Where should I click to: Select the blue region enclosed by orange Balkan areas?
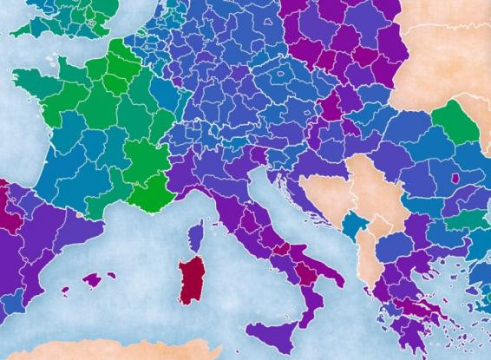pyautogui.click(x=353, y=228)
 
